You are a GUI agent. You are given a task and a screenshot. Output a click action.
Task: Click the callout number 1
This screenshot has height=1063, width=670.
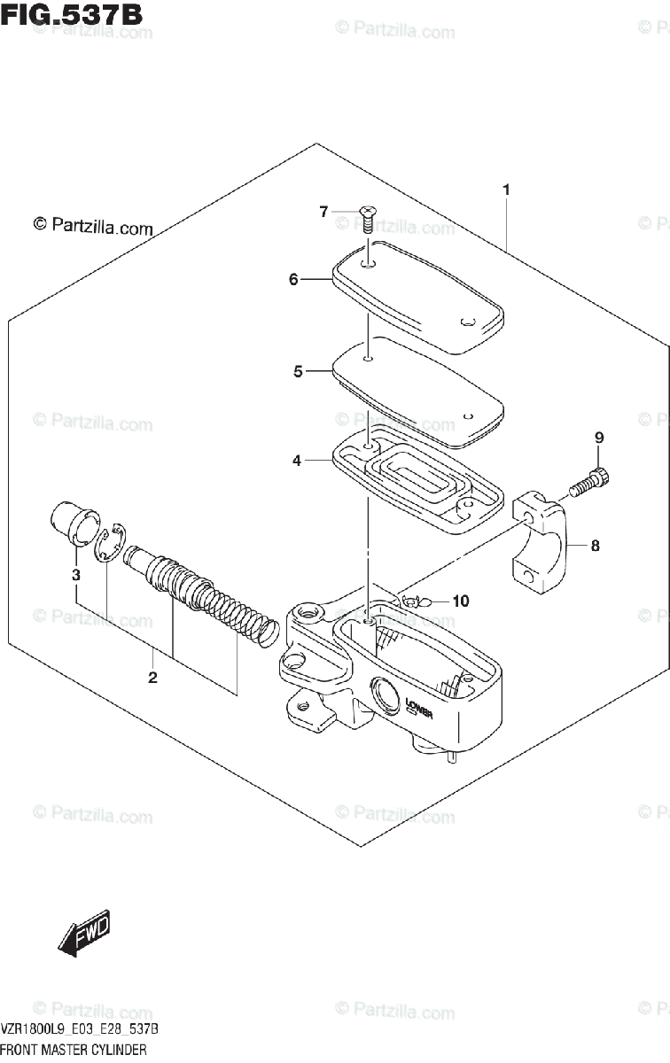tap(505, 190)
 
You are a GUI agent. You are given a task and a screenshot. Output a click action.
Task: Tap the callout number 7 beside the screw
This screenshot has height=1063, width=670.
tap(324, 211)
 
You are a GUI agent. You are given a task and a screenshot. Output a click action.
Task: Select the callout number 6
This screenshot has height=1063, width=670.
tap(293, 280)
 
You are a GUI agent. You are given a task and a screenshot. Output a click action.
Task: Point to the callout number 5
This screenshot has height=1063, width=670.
tap(299, 372)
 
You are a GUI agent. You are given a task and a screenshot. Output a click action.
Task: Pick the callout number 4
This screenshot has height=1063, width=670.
tap(297, 461)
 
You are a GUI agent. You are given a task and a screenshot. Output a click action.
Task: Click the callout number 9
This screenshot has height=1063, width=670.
tap(598, 438)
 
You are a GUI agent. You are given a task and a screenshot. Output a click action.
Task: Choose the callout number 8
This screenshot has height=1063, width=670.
tap(595, 546)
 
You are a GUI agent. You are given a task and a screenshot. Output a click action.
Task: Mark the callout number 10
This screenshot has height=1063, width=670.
tap(460, 601)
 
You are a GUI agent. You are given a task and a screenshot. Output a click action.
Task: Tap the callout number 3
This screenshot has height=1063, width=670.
tap(76, 575)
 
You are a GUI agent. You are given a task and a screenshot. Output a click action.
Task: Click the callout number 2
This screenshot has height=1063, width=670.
tap(152, 679)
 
